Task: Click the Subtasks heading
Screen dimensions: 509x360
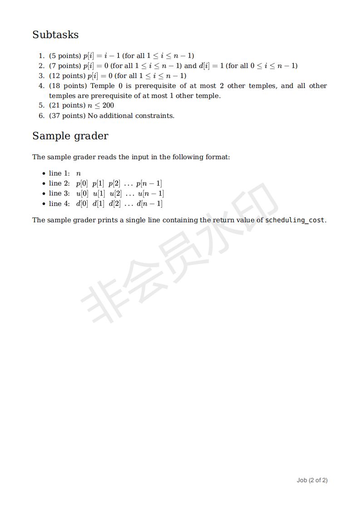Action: (x=55, y=35)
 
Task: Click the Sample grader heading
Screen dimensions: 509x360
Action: (x=70, y=136)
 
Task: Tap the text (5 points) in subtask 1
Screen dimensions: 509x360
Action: (x=65, y=56)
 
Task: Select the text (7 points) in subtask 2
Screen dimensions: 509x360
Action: (x=65, y=66)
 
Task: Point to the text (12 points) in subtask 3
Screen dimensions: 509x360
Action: (x=67, y=76)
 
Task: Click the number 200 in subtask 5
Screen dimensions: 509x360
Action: (x=108, y=106)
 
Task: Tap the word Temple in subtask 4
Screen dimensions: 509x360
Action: (x=102, y=86)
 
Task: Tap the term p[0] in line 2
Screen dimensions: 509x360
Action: (x=82, y=184)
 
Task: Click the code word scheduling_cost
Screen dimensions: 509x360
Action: (x=295, y=220)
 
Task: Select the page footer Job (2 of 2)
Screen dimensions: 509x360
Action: (x=312, y=480)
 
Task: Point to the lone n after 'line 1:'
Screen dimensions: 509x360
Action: (x=79, y=174)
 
